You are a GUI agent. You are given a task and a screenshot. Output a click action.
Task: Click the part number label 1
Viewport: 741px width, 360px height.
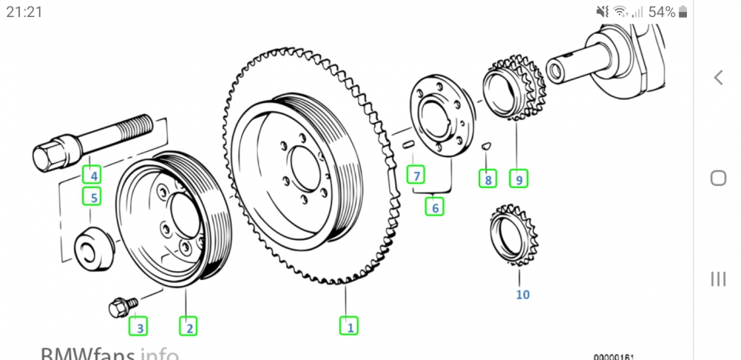click(x=348, y=324)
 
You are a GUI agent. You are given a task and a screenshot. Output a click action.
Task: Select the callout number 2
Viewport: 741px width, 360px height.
click(x=189, y=324)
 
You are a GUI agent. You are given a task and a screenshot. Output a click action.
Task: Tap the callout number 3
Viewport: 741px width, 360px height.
click(x=139, y=324)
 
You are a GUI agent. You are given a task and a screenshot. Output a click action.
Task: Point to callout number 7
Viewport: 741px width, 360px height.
click(x=417, y=176)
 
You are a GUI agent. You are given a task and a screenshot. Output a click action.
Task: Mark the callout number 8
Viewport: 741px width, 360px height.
click(x=487, y=179)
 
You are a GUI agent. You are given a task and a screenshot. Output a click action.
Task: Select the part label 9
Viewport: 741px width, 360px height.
click(x=519, y=179)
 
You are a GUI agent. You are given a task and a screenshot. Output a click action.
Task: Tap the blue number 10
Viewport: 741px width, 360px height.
click(x=522, y=295)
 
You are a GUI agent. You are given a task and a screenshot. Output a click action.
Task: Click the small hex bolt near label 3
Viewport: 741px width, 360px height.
click(x=119, y=306)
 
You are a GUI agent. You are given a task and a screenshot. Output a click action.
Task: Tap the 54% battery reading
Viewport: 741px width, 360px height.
click(x=661, y=12)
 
